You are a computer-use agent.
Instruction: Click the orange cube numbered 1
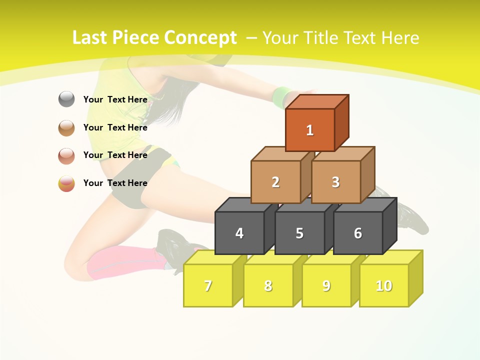[x=310, y=130]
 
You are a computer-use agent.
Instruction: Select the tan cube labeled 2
[x=275, y=182]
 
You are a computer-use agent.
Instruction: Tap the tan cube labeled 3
[x=336, y=182]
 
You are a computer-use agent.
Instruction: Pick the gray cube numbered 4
[x=239, y=233]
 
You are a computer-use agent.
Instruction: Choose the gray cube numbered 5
[x=299, y=233]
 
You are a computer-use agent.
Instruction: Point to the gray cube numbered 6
[x=358, y=233]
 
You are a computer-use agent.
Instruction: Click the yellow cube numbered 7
[x=208, y=285]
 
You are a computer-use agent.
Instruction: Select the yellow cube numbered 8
[x=268, y=285]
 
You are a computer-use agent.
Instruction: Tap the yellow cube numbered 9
[x=326, y=285]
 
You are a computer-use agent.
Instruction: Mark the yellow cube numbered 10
[x=384, y=285]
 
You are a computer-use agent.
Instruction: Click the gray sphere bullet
[x=66, y=99]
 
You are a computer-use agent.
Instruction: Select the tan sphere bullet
[x=66, y=127]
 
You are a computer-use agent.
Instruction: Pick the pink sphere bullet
[x=66, y=155]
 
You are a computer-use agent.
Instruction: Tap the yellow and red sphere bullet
[x=66, y=183]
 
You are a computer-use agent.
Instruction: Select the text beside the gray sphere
[x=115, y=99]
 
